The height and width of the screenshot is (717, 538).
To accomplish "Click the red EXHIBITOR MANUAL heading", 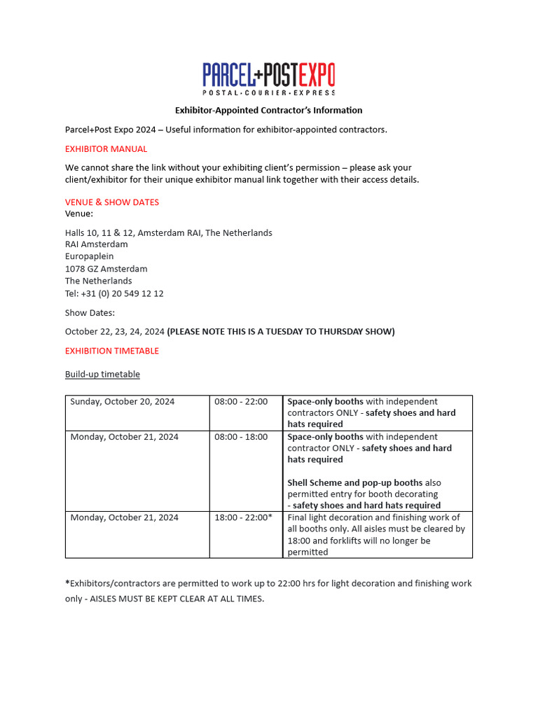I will pos(106,148).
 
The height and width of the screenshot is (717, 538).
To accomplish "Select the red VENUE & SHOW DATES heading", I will pos(112,202).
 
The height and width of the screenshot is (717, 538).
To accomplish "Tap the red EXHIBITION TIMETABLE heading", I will pos(112,350).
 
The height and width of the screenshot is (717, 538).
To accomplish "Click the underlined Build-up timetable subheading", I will pos(102,374).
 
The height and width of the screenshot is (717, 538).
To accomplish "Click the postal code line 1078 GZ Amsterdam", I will pos(106,268).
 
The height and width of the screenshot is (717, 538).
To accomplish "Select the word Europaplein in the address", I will pos(89,256).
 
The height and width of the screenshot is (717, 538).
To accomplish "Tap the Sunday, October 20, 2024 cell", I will pos(123,401).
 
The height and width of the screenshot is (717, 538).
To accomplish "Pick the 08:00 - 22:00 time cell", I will pos(241,401).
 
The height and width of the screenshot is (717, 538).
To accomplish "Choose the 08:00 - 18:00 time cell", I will pos(241,436).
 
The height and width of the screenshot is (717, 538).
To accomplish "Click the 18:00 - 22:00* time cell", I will pos(243,517).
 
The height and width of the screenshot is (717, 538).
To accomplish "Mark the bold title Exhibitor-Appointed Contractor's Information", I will pos(268,110).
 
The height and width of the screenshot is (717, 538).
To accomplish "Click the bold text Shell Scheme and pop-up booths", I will pos(354,482).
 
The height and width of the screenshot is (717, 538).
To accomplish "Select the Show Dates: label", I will pos(90,312).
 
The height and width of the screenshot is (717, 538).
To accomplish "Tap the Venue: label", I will pos(79,214).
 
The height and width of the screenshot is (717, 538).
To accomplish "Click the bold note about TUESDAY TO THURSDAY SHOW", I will pos(281,331).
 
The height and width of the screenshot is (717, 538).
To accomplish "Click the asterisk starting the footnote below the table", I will pos(67,583).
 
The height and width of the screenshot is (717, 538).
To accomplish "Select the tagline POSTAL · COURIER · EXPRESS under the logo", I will pos(268,92).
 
